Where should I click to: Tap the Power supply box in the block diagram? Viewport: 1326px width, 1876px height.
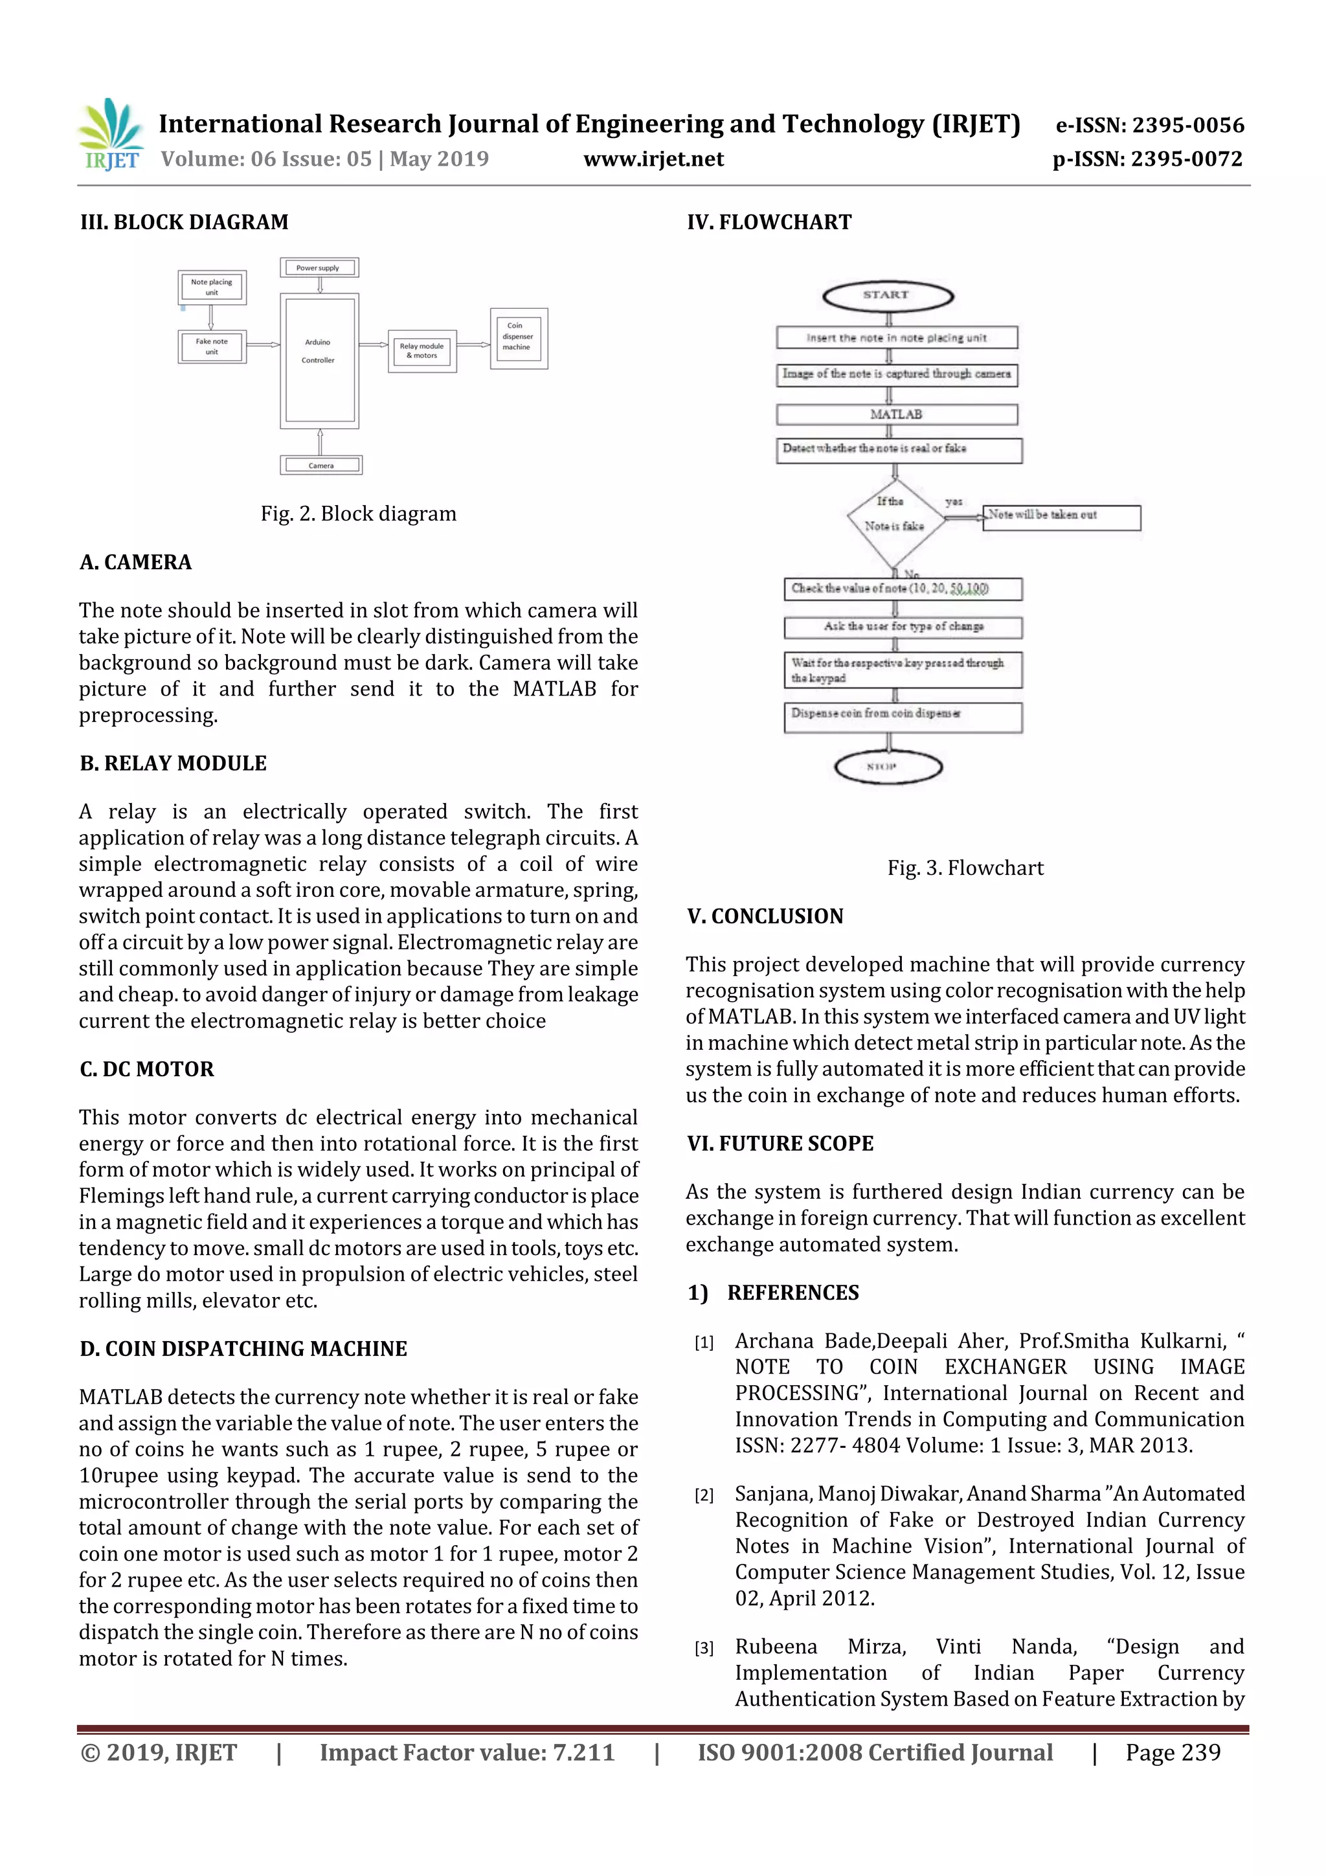pos(319,267)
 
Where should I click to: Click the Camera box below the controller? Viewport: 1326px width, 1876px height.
pos(320,465)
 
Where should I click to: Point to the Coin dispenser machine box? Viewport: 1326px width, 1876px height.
pos(518,337)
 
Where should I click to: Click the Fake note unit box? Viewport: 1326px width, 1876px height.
pos(212,346)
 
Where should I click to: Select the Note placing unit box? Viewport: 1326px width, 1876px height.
pos(212,287)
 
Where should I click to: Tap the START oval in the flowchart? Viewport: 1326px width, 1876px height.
pos(887,296)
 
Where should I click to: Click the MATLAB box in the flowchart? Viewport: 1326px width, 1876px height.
pos(896,414)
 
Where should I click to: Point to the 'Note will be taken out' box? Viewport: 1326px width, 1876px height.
pos(1061,516)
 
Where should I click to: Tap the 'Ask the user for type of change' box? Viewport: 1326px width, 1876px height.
pos(902,627)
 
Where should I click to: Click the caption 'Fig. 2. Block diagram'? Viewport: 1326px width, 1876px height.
pos(358,514)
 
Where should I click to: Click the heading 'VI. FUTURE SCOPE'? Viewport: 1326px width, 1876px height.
pos(780,1143)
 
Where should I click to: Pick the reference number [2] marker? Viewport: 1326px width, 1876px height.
pos(703,1495)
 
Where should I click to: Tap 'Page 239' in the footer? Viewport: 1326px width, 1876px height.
pos(1173,1752)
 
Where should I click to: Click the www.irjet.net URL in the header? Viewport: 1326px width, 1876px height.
pos(653,159)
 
